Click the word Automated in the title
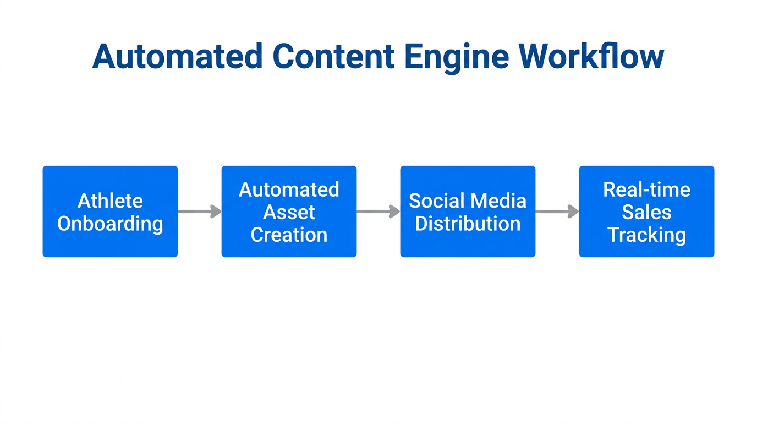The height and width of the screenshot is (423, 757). pos(177,56)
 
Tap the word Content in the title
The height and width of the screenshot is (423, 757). pos(333,56)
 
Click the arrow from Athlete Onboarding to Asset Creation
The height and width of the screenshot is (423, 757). pos(199,211)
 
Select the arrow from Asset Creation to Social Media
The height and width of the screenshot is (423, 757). pos(378,211)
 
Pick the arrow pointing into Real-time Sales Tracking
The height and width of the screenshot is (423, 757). pos(557,211)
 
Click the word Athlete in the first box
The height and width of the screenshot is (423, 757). pos(110,200)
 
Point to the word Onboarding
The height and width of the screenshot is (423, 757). pos(110,224)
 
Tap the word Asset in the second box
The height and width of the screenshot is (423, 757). pos(289,212)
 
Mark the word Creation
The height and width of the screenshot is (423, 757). pos(289,235)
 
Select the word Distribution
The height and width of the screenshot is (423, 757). pos(468,224)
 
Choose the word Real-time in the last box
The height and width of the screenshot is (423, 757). pos(646,189)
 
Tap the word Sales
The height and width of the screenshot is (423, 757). pos(646,212)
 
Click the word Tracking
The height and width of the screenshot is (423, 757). pos(646,235)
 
